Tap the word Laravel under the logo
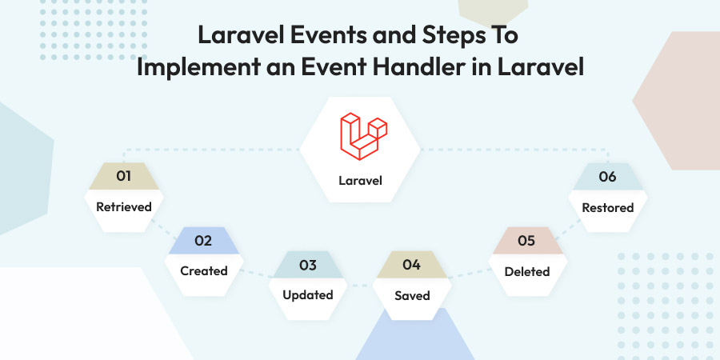pyautogui.click(x=361, y=181)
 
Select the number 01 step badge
pyautogui.click(x=123, y=176)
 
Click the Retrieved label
pyautogui.click(x=123, y=207)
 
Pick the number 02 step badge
pyautogui.click(x=203, y=241)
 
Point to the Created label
pyautogui.click(x=204, y=271)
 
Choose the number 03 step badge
pyautogui.click(x=308, y=265)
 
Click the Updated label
pyautogui.click(x=308, y=294)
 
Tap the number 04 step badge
pyautogui.click(x=412, y=265)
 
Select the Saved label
pyautogui.click(x=412, y=296)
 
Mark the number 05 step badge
pyautogui.click(x=527, y=241)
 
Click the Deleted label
pyautogui.click(x=527, y=272)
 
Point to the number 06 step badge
pyautogui.click(x=607, y=176)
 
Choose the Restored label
pyautogui.click(x=607, y=207)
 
